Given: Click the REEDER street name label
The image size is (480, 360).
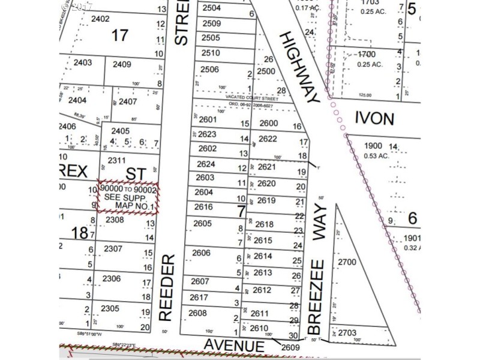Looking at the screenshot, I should click(x=167, y=287).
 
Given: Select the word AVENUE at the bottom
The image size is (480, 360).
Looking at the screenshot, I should click(x=234, y=346).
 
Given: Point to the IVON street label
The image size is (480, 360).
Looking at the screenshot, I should click(x=374, y=118).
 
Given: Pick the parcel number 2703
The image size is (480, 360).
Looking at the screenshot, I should click(x=347, y=332).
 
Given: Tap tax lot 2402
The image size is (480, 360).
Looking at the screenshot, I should click(x=100, y=19).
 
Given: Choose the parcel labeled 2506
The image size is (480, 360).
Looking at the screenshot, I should click(x=210, y=70).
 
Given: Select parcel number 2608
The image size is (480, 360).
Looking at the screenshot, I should click(x=197, y=313).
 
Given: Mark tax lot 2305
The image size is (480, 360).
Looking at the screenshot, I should click(x=110, y=308).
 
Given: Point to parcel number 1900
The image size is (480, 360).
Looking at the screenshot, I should click(x=373, y=146).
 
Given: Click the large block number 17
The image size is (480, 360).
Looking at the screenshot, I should click(x=120, y=35).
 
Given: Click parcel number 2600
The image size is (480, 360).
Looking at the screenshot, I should click(x=268, y=124).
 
